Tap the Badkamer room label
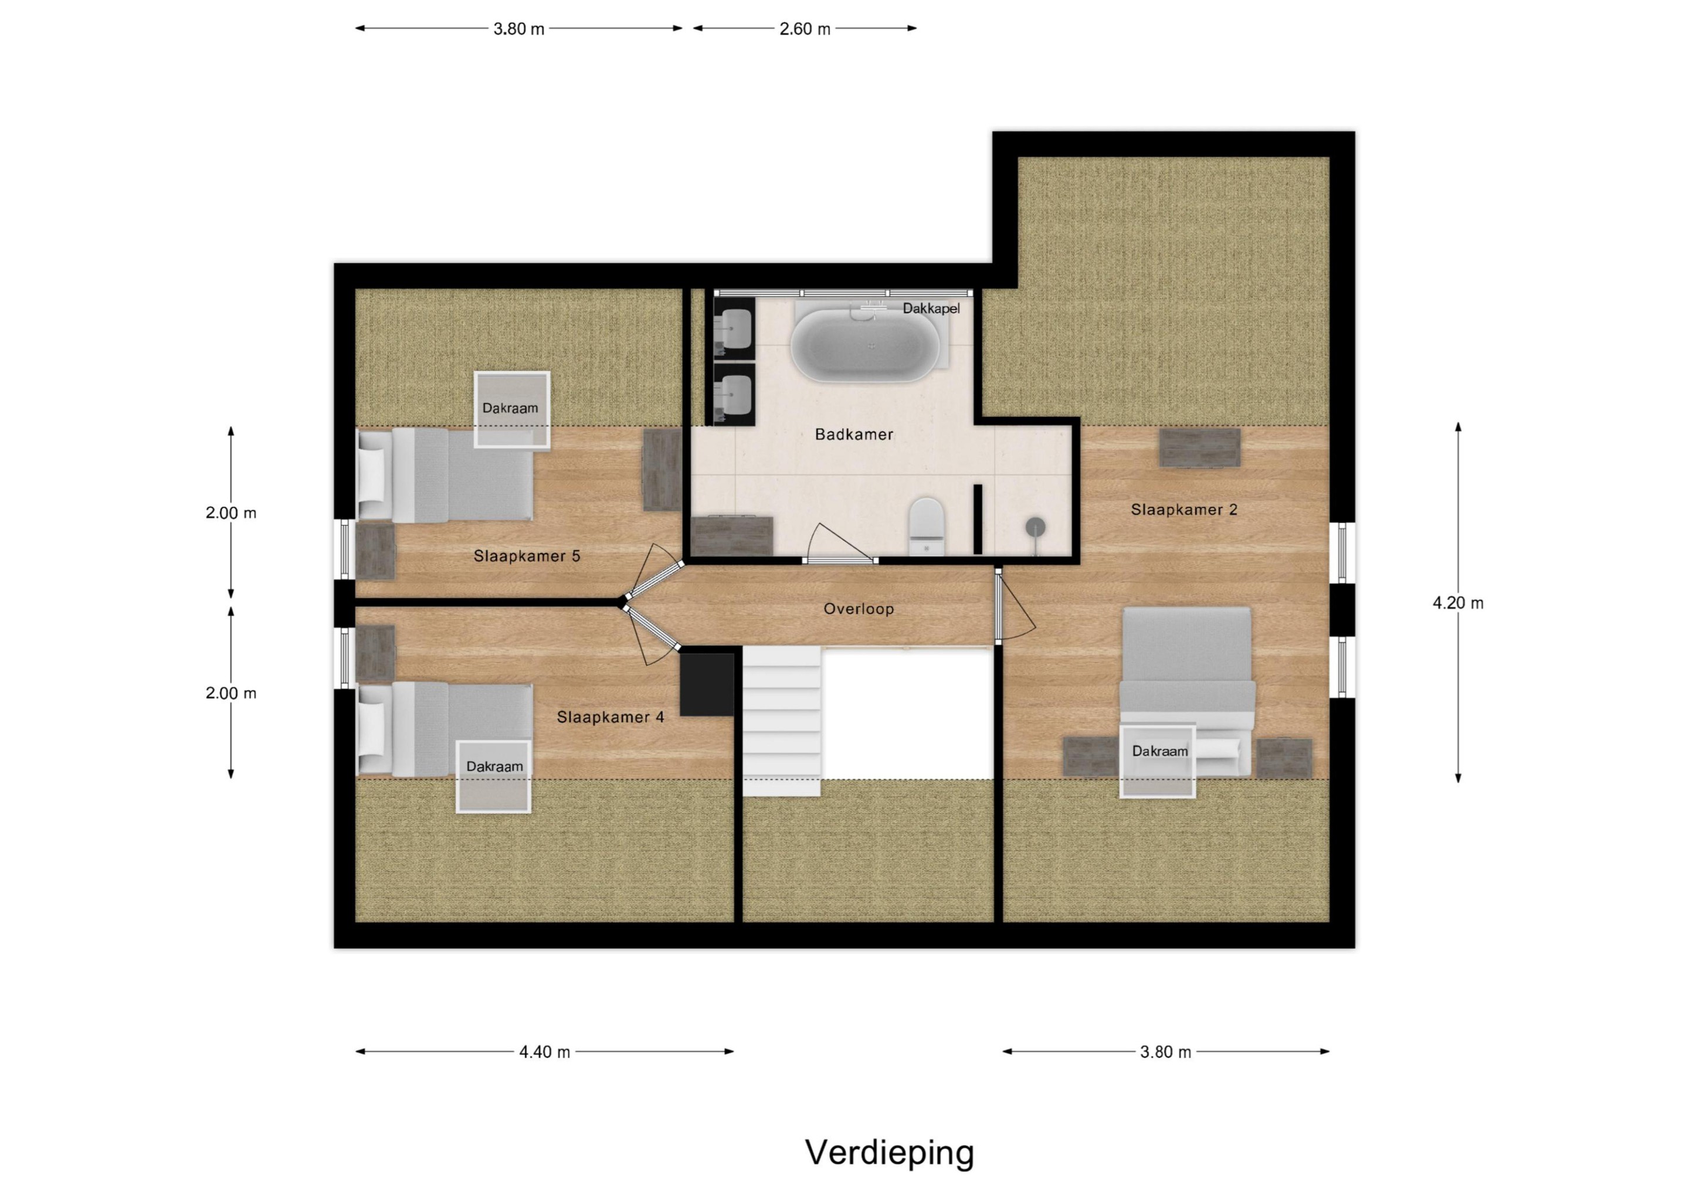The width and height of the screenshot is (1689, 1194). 854,434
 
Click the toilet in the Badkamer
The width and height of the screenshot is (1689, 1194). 926,526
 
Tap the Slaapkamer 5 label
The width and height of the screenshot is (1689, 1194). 527,556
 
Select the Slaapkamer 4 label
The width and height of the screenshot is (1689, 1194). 610,717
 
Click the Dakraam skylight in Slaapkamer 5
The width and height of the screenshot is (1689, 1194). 511,409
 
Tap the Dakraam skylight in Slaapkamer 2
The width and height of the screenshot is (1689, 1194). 1157,761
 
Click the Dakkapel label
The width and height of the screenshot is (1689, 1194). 931,308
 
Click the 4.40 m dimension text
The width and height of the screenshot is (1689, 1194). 544,1052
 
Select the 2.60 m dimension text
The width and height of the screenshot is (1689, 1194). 805,29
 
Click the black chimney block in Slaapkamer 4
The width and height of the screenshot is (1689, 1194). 706,684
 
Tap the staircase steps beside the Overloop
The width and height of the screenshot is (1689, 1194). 781,721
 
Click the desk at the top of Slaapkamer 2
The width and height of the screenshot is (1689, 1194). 1199,447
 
